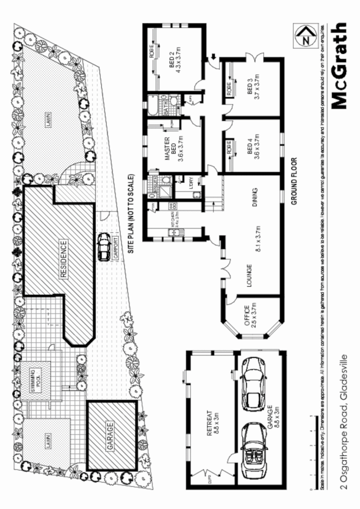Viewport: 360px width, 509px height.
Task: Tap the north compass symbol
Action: coord(306,36)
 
